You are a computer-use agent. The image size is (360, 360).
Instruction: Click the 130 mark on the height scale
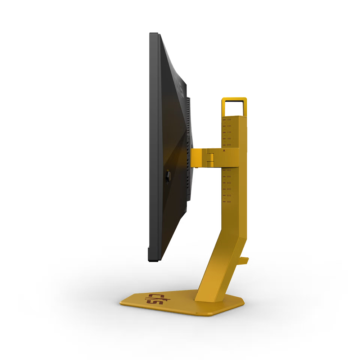click(229, 120)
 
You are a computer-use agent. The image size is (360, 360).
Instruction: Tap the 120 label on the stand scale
click(229, 126)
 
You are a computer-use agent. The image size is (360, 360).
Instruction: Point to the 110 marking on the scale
click(229, 132)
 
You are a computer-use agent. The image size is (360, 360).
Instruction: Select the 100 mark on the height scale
click(229, 139)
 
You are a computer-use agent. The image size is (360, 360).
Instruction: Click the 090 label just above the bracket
click(229, 145)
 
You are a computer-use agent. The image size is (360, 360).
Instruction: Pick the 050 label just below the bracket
click(229, 170)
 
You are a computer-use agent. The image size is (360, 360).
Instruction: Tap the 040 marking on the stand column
click(229, 177)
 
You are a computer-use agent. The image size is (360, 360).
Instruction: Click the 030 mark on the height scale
click(229, 183)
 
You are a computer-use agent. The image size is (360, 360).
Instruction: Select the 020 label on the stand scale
click(229, 189)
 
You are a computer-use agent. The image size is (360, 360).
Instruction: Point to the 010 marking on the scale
click(229, 195)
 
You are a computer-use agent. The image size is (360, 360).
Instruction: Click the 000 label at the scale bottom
click(229, 202)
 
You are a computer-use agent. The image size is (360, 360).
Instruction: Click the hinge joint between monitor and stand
click(210, 158)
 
